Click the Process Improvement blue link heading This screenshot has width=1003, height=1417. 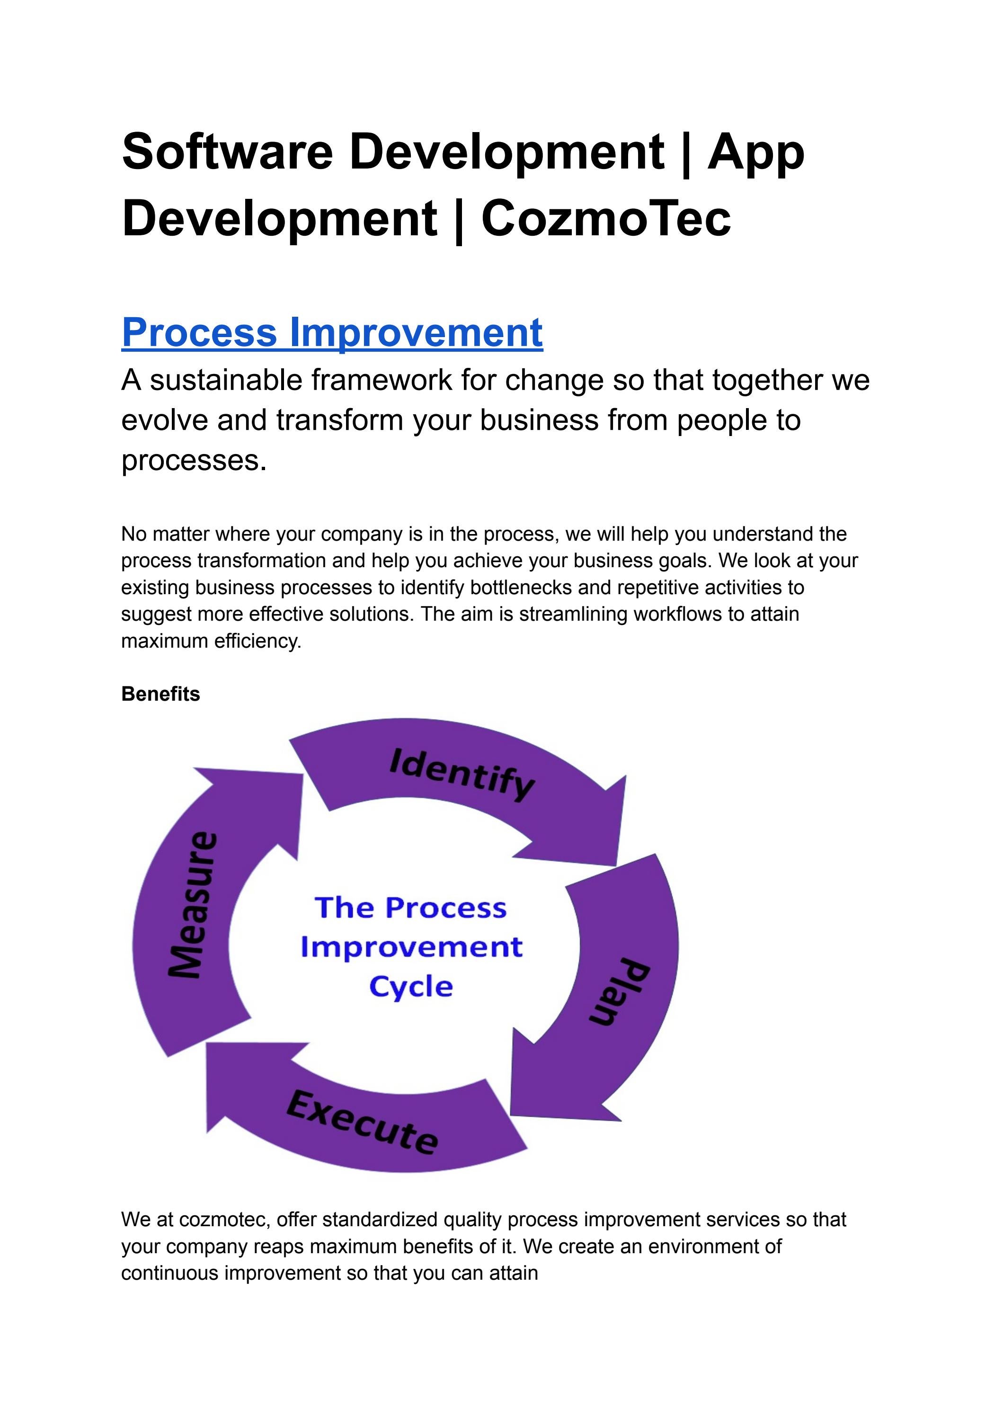332,332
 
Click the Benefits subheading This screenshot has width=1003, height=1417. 160,694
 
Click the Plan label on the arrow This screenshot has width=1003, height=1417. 620,991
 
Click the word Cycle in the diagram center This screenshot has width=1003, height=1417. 411,987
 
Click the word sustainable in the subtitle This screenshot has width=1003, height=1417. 229,380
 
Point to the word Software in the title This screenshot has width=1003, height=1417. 228,152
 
